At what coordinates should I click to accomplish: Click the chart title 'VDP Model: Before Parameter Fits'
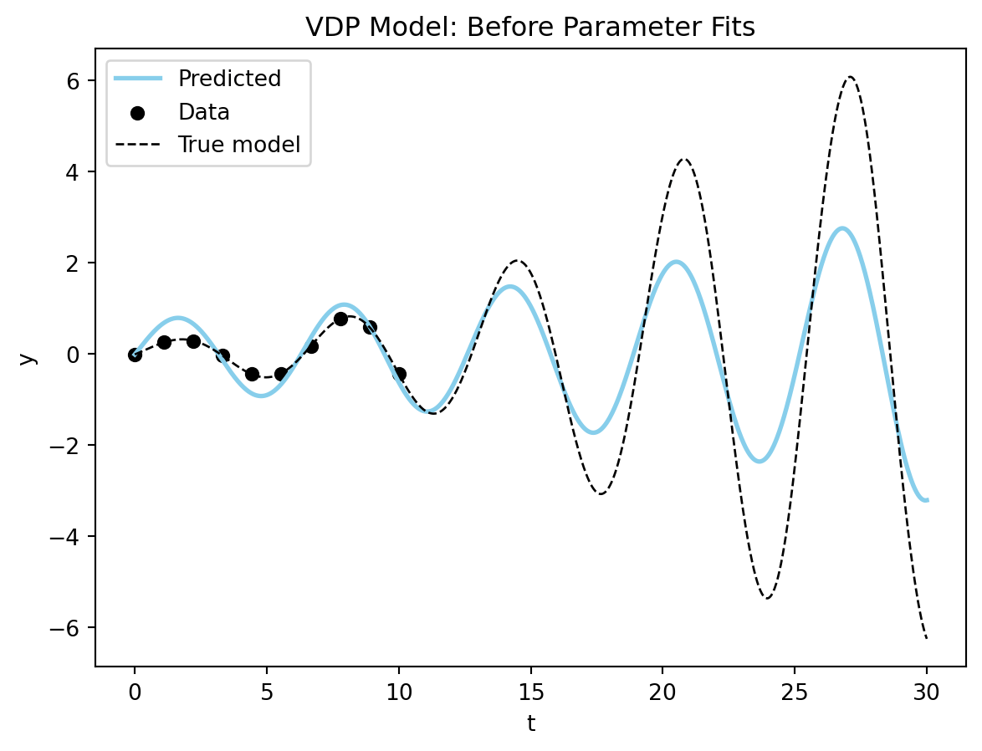530,28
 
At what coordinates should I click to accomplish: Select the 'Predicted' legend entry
229,79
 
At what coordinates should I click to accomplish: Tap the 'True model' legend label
238,145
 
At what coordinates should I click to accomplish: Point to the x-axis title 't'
530,723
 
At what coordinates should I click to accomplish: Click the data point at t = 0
135,355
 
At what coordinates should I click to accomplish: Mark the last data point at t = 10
399,374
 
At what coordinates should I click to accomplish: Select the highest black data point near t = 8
340,319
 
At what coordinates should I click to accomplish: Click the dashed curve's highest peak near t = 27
850,77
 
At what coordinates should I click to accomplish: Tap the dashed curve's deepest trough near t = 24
767,598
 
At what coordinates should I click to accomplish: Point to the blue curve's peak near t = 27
842,228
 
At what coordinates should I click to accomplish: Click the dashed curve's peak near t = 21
684,159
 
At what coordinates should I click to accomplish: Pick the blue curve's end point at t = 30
926,500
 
